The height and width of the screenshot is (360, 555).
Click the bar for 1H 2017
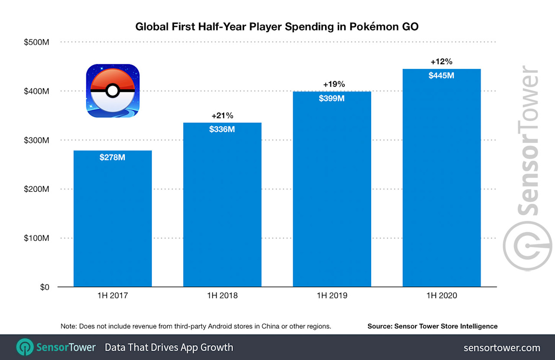(112, 219)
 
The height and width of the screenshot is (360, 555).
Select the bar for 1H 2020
(441, 178)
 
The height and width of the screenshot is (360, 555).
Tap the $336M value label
(222, 129)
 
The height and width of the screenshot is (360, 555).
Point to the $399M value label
(332, 98)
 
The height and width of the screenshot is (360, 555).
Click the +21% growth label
(222, 116)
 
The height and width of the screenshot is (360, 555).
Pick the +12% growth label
(441, 62)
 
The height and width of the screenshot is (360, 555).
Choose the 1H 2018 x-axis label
(222, 296)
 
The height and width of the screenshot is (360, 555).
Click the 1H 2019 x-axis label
(332, 296)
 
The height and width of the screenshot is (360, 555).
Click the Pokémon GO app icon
(113, 91)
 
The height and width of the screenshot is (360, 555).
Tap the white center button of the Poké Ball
(113, 91)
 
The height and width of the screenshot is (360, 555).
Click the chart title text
(277, 27)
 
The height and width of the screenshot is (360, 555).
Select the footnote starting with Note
(196, 326)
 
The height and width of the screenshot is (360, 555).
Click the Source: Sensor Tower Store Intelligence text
(432, 326)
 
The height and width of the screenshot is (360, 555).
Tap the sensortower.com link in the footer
(502, 348)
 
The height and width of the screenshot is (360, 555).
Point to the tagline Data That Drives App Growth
(169, 347)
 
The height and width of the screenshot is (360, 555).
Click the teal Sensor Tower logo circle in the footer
(25, 347)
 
